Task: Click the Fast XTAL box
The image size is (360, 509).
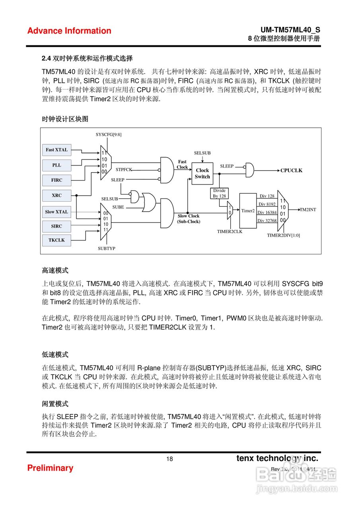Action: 56,150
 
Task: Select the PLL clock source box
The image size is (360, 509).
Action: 56,165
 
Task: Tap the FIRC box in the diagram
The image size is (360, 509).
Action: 56,180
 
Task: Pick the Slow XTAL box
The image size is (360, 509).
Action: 56,212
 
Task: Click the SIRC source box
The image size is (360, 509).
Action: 56,226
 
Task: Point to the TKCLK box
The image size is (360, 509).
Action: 56,240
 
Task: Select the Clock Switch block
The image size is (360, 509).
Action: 202,173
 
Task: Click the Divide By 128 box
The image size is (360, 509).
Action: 219,193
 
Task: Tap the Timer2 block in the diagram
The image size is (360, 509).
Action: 248,210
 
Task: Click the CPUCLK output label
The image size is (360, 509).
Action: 291,171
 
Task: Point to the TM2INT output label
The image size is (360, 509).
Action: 307,210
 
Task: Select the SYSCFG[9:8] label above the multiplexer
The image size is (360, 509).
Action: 109,134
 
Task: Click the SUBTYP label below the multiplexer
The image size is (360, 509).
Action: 106,248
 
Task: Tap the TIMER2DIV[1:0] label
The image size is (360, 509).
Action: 283,235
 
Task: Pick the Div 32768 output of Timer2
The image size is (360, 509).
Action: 267,221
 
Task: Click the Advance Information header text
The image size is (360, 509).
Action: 69,31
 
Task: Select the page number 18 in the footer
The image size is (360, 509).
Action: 169,459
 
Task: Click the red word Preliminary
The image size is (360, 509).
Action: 50,468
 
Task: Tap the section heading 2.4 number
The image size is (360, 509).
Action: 46,58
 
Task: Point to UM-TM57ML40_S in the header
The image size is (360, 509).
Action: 290,30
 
